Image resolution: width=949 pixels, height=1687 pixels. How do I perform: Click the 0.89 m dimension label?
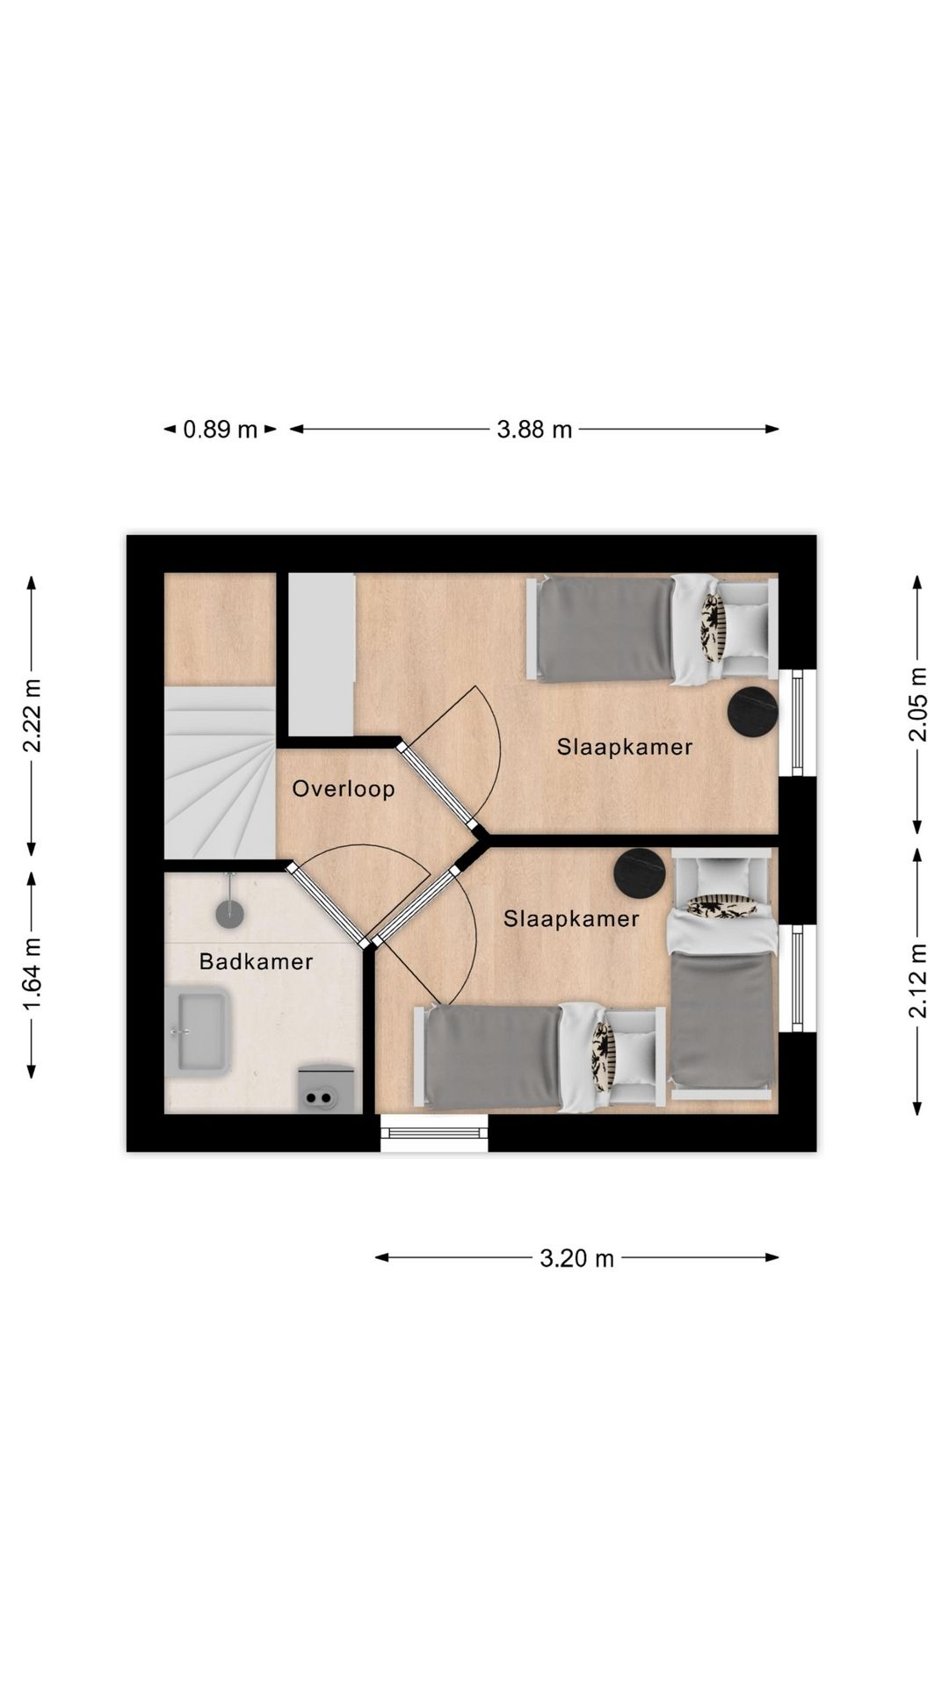220,430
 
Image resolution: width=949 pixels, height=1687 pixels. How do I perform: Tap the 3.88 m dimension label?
534,430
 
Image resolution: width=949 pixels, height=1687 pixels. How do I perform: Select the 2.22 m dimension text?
32,716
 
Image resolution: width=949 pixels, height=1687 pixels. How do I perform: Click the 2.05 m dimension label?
917,705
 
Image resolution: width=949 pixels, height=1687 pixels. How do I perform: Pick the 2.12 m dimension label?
917,981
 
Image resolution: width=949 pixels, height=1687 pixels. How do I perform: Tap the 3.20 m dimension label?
576,1258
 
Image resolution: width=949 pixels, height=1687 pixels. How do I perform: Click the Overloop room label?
344,788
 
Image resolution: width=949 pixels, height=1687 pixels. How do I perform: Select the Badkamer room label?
256,961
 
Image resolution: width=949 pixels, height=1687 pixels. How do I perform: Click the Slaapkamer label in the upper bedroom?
625,747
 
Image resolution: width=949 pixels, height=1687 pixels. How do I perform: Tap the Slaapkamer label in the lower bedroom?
571,919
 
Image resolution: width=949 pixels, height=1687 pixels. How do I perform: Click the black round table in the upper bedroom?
753,711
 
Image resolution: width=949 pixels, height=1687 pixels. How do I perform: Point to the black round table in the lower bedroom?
640,873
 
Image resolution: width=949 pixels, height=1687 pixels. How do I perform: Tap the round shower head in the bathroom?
229,914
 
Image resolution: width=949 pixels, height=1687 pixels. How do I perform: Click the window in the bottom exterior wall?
434,1133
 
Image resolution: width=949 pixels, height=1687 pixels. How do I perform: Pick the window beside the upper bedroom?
797,723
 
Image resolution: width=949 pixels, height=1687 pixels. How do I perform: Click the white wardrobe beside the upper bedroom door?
322,655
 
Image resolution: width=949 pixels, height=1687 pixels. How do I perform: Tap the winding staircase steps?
220,772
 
